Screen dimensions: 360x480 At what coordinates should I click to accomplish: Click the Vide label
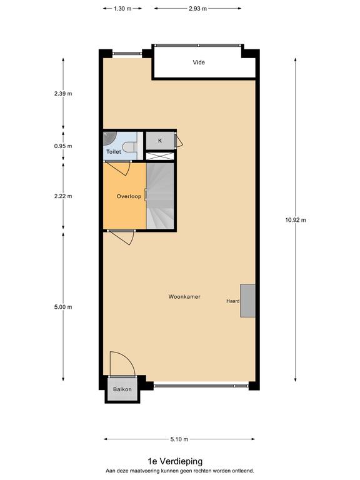(x=199, y=62)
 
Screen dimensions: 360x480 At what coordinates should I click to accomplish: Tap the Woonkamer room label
(x=184, y=297)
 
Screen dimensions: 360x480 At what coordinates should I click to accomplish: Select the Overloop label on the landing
(x=129, y=196)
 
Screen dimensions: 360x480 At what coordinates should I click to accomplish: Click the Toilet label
(x=114, y=151)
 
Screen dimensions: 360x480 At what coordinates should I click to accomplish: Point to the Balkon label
(x=122, y=389)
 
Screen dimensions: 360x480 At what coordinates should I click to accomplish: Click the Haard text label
(x=233, y=301)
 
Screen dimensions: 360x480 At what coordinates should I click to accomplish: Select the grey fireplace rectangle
(x=247, y=301)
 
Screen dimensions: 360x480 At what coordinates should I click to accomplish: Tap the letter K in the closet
(x=160, y=141)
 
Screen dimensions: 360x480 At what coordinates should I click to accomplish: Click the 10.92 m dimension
(x=296, y=220)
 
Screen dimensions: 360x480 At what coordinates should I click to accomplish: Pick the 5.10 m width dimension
(x=179, y=439)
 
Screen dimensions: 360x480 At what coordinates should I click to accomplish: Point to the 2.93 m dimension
(x=197, y=9)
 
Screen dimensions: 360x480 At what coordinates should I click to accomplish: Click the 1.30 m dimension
(x=122, y=9)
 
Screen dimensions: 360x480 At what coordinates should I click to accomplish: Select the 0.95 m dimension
(x=63, y=146)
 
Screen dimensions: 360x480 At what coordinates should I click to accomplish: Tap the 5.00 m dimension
(x=63, y=307)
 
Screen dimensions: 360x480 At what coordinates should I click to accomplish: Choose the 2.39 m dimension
(x=63, y=94)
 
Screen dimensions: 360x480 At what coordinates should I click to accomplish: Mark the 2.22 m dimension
(x=63, y=196)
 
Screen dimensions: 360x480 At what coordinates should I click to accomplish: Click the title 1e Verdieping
(x=175, y=461)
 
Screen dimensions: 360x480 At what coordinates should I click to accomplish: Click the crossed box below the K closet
(x=160, y=156)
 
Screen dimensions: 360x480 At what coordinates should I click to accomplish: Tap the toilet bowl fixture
(x=132, y=146)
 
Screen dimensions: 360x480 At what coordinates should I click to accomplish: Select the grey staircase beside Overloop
(x=160, y=196)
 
